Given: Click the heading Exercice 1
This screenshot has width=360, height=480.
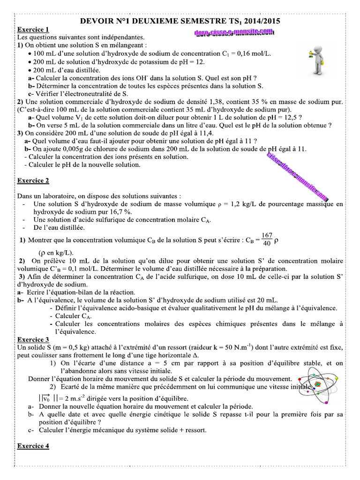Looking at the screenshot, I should tap(33, 29).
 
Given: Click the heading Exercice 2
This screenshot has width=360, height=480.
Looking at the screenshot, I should tap(33, 180).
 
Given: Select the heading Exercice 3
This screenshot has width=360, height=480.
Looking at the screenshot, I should tap(33, 339).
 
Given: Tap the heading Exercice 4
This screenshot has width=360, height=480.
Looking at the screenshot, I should tap(33, 446).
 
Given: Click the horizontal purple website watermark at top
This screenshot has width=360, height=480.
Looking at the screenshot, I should tap(233, 32).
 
